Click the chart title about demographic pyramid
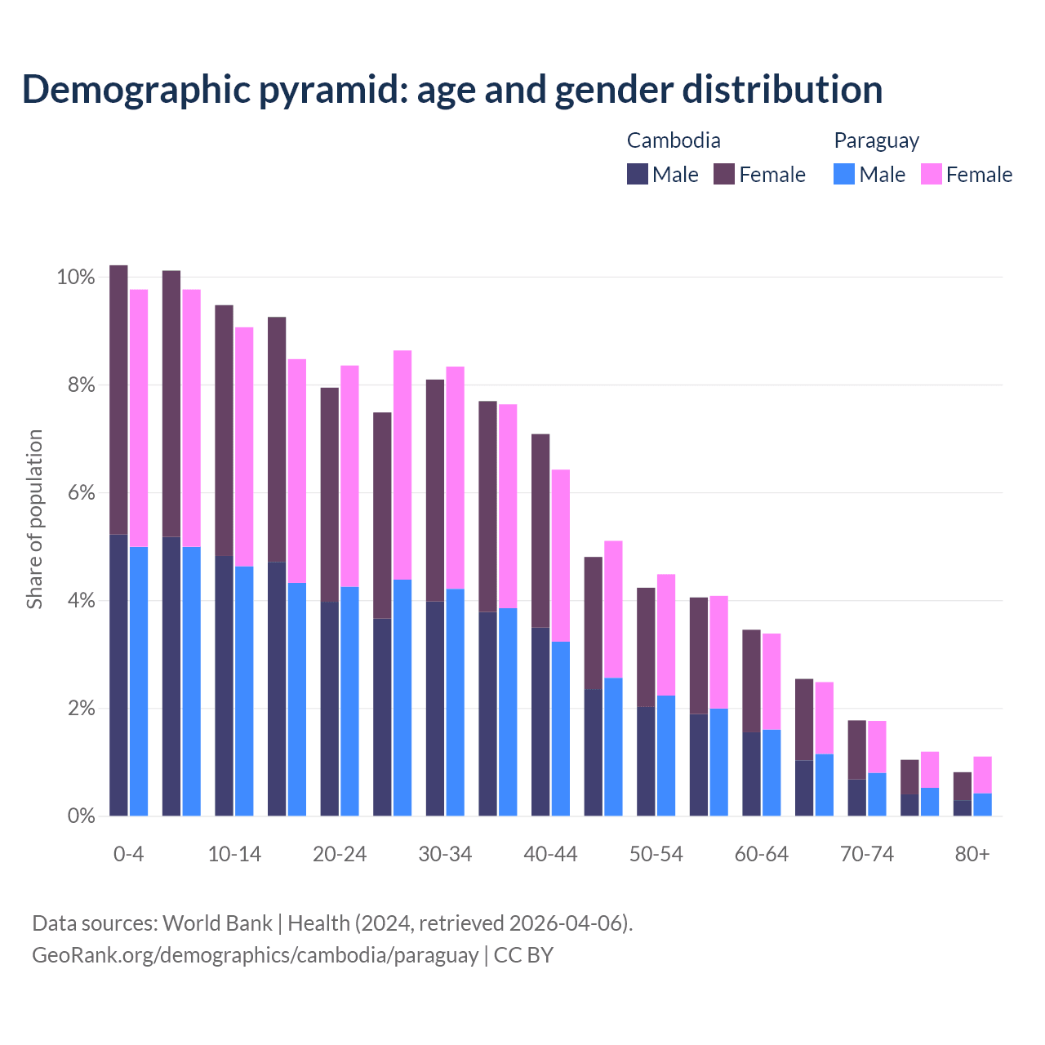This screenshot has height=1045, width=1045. point(451,90)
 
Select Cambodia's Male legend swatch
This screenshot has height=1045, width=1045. point(637,174)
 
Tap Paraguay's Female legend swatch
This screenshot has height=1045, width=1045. point(931,174)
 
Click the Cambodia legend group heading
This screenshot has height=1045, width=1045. point(674,140)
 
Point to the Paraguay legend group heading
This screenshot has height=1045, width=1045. point(876,140)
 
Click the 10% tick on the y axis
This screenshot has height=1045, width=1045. point(76,278)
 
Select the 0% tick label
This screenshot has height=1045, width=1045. point(81,816)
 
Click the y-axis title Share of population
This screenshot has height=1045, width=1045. point(34,519)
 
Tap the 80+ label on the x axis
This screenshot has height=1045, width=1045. point(972,854)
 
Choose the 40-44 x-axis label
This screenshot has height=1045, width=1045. point(550,854)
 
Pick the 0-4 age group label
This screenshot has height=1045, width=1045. point(128,854)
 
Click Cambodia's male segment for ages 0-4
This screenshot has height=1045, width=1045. point(118,674)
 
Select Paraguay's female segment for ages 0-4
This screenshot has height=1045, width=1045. point(139,418)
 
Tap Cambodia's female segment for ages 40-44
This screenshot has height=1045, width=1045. point(540,531)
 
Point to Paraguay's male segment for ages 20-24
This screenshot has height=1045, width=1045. point(349,700)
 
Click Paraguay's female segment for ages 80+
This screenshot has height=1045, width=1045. point(982,775)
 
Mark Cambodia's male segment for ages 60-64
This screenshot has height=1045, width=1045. point(751,773)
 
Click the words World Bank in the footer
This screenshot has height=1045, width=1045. point(217,923)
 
